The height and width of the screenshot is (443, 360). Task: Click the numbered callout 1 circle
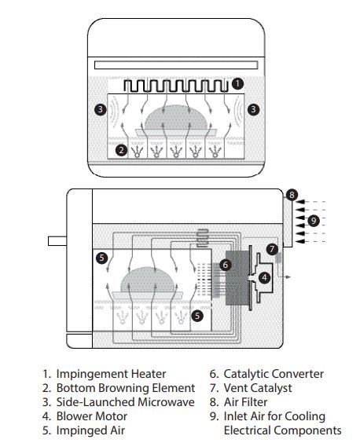point(237,83)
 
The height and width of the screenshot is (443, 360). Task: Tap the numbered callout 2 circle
point(121,150)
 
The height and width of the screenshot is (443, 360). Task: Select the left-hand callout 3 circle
point(101,109)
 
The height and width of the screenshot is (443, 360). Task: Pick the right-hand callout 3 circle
point(253,109)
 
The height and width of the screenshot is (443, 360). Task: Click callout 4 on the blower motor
point(264,277)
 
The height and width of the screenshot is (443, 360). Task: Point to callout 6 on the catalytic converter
point(226,265)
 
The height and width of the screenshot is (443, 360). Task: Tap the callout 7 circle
point(272,249)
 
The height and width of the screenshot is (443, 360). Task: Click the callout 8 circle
point(292,195)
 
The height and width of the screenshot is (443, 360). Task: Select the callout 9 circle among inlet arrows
point(314,221)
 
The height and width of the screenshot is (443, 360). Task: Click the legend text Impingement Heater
point(111,374)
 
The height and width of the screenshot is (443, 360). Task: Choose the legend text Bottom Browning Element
point(126,388)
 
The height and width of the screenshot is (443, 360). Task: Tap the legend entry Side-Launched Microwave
point(125,402)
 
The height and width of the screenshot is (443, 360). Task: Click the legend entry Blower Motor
point(92,416)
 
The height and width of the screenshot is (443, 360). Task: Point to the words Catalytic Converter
point(274,374)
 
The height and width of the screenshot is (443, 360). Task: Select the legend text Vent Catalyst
point(258,388)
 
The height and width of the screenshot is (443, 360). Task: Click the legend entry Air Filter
point(245,402)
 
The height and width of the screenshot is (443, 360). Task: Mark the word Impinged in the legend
point(78,431)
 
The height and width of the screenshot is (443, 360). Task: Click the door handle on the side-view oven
point(57,241)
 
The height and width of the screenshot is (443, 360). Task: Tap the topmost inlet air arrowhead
point(300,202)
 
